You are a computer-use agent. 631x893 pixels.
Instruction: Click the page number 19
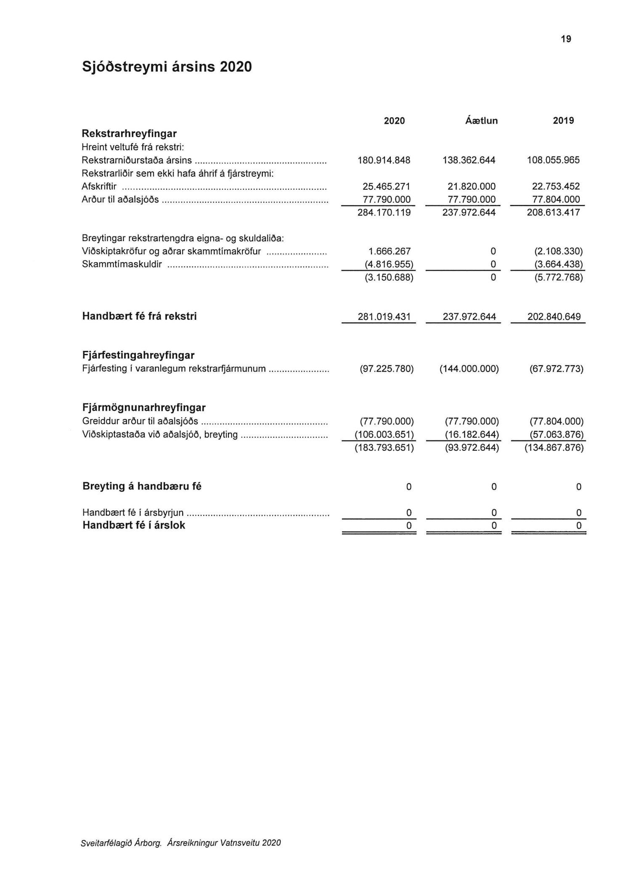click(x=566, y=39)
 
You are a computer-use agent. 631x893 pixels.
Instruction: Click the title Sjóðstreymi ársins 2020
click(x=167, y=67)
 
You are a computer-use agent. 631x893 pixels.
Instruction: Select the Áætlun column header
click(x=481, y=121)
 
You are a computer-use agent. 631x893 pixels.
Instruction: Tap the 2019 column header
click(x=563, y=121)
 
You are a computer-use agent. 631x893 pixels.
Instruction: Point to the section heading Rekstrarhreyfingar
click(x=129, y=134)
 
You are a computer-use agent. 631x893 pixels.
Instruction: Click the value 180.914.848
click(x=384, y=160)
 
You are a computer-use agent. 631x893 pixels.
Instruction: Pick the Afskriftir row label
click(x=99, y=186)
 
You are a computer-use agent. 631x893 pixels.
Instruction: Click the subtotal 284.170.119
click(x=384, y=213)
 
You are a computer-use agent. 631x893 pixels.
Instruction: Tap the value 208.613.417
click(x=553, y=213)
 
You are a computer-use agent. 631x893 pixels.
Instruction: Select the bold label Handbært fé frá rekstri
click(x=139, y=316)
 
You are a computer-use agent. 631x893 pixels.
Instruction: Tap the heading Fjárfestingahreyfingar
click(x=138, y=355)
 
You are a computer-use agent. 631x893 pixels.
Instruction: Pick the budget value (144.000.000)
click(x=469, y=369)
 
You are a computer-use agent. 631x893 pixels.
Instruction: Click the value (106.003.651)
click(x=384, y=434)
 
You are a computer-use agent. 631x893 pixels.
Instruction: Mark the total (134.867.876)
click(x=554, y=448)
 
